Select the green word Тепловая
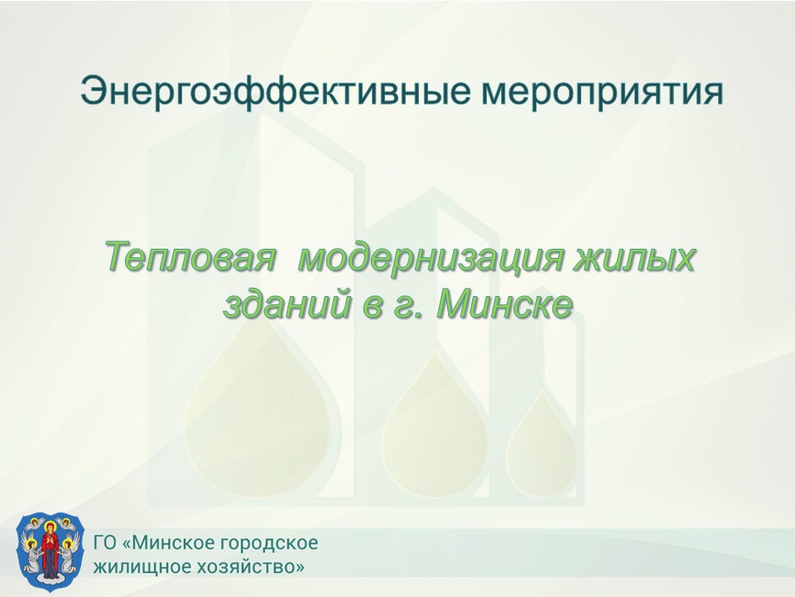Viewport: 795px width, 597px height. click(x=191, y=258)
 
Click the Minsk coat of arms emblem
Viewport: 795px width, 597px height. click(x=50, y=551)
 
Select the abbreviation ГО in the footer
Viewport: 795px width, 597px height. click(x=105, y=542)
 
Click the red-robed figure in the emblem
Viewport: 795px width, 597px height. click(x=50, y=550)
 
